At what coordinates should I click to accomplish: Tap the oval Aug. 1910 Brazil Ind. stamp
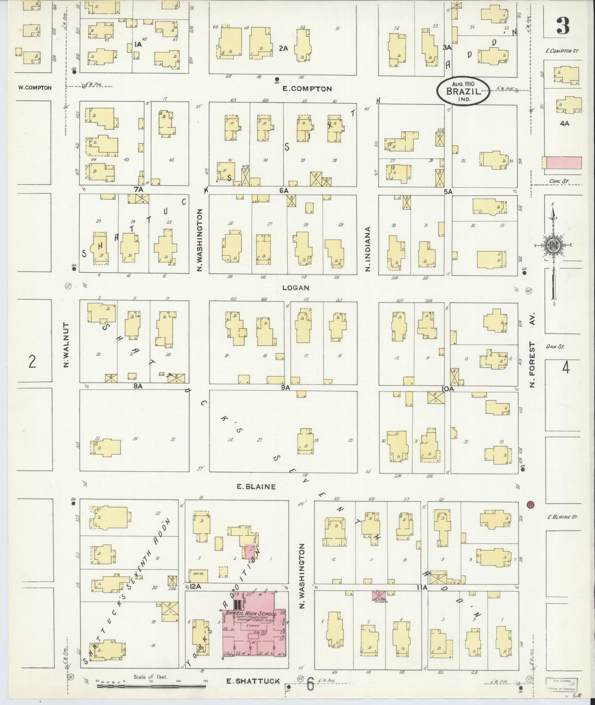(463, 91)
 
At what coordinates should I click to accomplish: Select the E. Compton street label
(307, 89)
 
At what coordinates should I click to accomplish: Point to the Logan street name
(296, 288)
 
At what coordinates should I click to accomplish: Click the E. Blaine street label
(256, 487)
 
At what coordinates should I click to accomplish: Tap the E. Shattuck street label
(253, 681)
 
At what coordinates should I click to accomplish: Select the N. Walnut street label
(66, 345)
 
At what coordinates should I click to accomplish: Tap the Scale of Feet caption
(150, 677)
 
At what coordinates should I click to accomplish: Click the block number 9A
(286, 387)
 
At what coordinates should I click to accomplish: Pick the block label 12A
(195, 586)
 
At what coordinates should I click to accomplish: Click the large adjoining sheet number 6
(310, 685)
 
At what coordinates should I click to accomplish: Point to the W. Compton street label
(35, 88)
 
